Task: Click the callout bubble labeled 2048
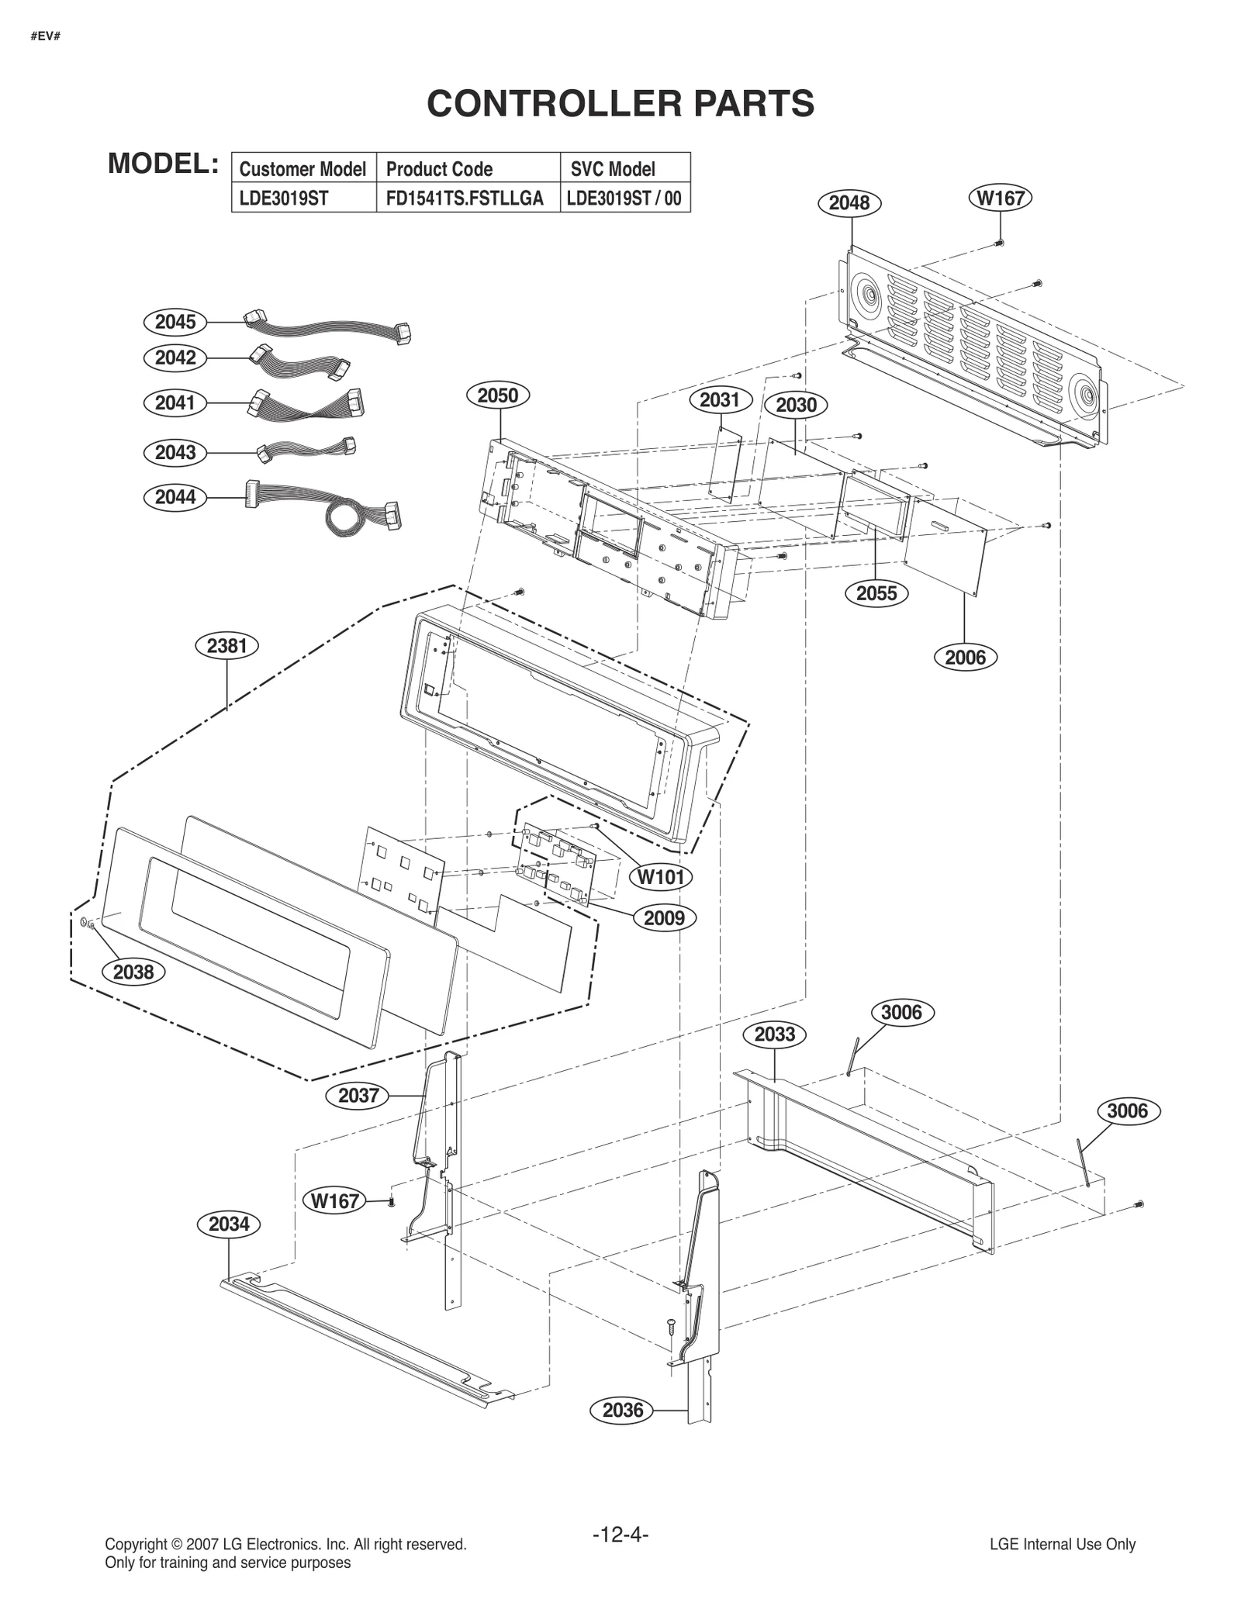[x=849, y=203]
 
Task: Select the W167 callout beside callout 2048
[x=1001, y=198]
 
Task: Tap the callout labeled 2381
[x=226, y=646]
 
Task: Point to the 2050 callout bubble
[x=497, y=395]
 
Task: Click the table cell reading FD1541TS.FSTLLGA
[x=465, y=199]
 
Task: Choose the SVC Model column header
[x=613, y=169]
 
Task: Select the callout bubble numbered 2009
[x=665, y=918]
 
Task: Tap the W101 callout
[x=660, y=877]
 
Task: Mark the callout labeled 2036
[x=623, y=1411]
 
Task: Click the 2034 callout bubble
[x=229, y=1224]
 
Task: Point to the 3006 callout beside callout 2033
[x=901, y=1013]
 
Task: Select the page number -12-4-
[x=620, y=1534]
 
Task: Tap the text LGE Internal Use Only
[x=1062, y=1544]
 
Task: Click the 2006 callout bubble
[x=965, y=658]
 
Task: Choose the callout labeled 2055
[x=876, y=593]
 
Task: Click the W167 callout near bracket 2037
[x=335, y=1201]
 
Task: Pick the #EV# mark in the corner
[x=47, y=36]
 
